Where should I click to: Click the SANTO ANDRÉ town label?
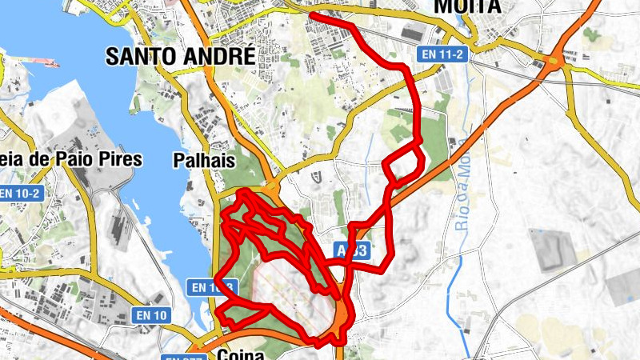click(x=181, y=56)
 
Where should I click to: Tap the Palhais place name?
click(x=204, y=161)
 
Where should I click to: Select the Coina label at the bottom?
click(x=240, y=353)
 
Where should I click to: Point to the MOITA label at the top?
click(x=467, y=7)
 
